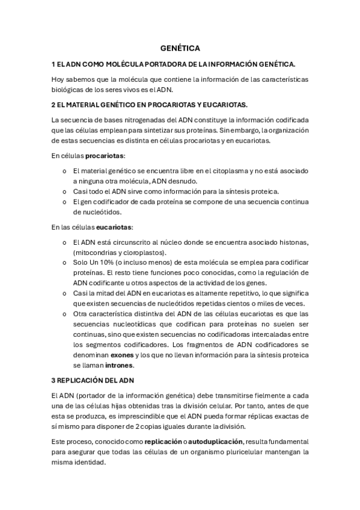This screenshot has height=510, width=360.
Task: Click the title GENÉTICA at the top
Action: tap(180, 48)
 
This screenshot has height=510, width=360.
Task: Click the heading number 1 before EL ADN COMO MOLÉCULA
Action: tap(53, 63)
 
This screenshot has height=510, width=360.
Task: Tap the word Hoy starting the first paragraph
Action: tap(58, 79)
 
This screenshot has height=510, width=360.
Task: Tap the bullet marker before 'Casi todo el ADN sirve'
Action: tap(64, 191)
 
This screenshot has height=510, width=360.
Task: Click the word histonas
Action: tap(292, 242)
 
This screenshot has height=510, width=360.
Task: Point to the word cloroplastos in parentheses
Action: tap(143, 253)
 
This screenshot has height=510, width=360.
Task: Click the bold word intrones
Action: tap(119, 365)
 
